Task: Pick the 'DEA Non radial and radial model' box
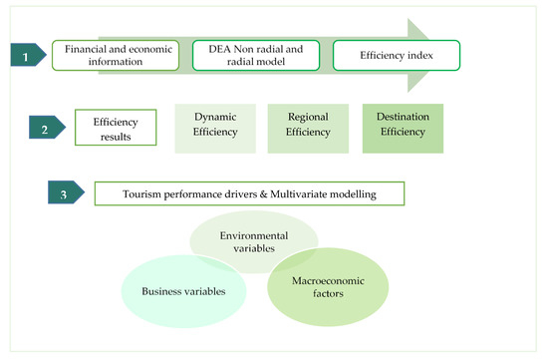click(x=255, y=56)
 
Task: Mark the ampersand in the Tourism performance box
click(x=268, y=192)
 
